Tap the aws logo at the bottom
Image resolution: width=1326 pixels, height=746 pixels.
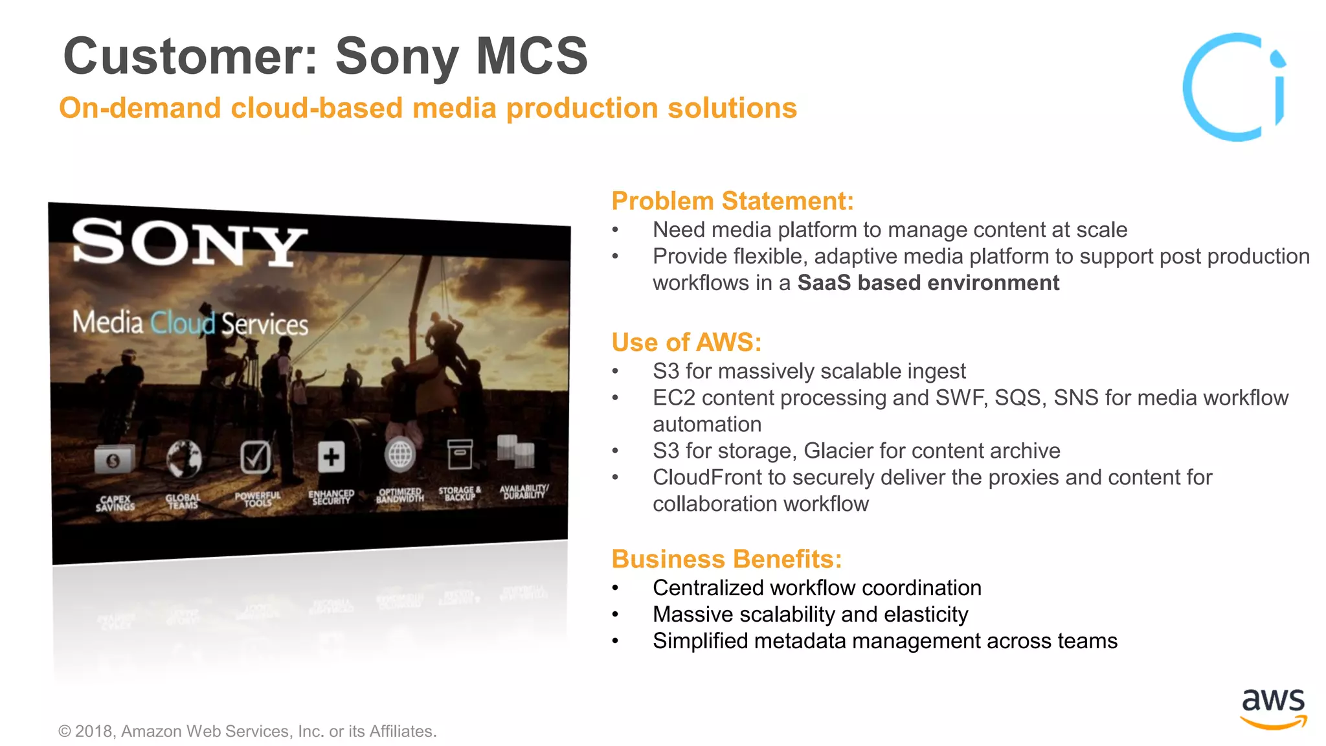pyautogui.click(x=1273, y=708)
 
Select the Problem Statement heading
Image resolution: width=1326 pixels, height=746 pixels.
pyautogui.click(x=732, y=201)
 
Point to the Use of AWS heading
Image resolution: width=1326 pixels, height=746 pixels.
pyautogui.click(x=686, y=343)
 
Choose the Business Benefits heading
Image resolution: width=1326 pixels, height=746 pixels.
pyautogui.click(x=726, y=559)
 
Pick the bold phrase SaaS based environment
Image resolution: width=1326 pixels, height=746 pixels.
pyautogui.click(x=928, y=283)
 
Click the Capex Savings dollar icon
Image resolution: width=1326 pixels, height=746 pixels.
pyautogui.click(x=114, y=460)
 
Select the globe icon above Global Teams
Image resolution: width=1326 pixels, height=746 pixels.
pyautogui.click(x=184, y=458)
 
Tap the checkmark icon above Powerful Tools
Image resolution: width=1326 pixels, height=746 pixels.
pyautogui.click(x=256, y=457)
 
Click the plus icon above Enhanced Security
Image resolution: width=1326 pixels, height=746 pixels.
pyautogui.click(x=331, y=457)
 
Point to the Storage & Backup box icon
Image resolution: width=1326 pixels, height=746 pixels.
pyautogui.click(x=460, y=455)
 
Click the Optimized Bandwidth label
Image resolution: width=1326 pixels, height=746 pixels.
pyautogui.click(x=399, y=495)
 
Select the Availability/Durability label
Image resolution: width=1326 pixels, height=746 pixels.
pyautogui.click(x=524, y=491)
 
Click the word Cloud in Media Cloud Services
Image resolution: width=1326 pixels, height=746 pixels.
pyautogui.click(x=182, y=322)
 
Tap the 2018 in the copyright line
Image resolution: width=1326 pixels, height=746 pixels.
pyautogui.click(x=95, y=731)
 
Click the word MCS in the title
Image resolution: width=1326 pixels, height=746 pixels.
pyautogui.click(x=532, y=56)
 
